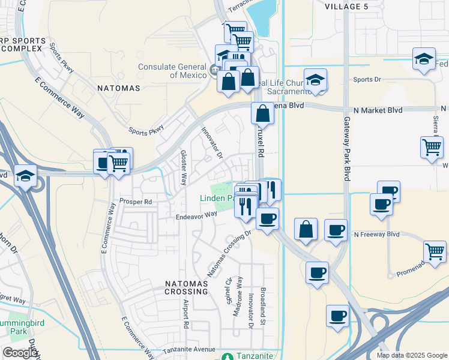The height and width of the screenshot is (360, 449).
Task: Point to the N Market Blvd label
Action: click(x=375, y=110)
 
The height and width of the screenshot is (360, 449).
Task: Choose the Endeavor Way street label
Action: click(x=196, y=214)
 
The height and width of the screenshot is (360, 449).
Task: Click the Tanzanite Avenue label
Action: click(x=189, y=350)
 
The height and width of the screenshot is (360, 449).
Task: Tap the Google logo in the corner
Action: click(x=20, y=353)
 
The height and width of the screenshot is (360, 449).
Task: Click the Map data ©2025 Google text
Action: click(x=412, y=355)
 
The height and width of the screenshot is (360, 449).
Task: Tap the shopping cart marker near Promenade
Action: click(x=434, y=250)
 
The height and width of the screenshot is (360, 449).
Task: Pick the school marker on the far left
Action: click(x=26, y=176)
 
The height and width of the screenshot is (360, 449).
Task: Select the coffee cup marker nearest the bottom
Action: click(x=337, y=315)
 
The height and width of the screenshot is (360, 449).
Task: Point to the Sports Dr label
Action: click(x=367, y=79)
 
